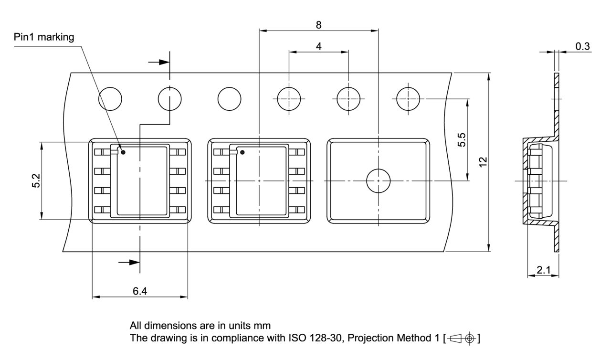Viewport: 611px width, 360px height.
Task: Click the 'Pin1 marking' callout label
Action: [43, 37]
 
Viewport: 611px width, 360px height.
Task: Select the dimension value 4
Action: [318, 46]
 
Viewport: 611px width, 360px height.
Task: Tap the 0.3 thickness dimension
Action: [582, 46]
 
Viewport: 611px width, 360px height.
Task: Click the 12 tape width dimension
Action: [483, 162]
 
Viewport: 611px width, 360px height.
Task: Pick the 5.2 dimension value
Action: [36, 181]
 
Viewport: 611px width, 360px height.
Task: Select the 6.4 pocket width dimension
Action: [139, 291]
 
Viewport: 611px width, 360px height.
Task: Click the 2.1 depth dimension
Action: [543, 270]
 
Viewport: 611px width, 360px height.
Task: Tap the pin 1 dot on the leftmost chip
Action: [123, 153]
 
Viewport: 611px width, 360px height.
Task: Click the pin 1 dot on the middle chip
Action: [242, 153]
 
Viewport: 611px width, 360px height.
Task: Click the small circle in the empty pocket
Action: [378, 181]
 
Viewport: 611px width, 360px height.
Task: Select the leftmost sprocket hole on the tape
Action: [110, 99]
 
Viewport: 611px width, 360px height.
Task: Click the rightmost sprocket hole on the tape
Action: [408, 99]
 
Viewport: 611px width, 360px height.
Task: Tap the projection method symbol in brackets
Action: [462, 339]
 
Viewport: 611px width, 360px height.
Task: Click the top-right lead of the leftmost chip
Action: [180, 152]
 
